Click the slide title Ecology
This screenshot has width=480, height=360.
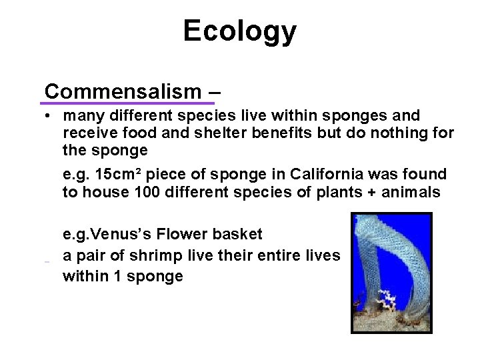240,31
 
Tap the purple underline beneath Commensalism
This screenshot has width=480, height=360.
127,103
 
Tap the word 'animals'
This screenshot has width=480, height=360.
406,192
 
